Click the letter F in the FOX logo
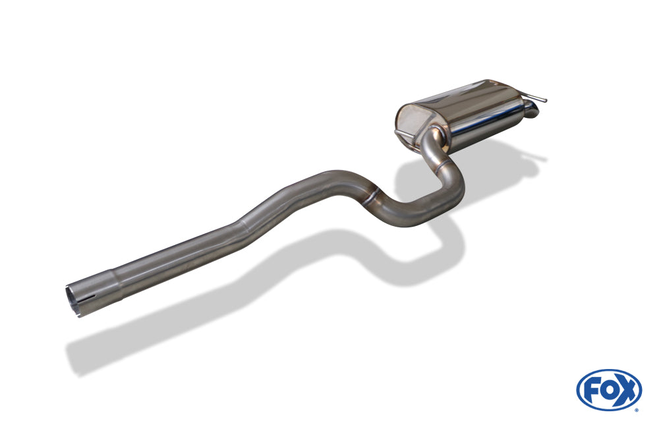click(x=592, y=391)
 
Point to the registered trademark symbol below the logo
click(x=637, y=410)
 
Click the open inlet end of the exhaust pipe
click(x=72, y=300)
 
